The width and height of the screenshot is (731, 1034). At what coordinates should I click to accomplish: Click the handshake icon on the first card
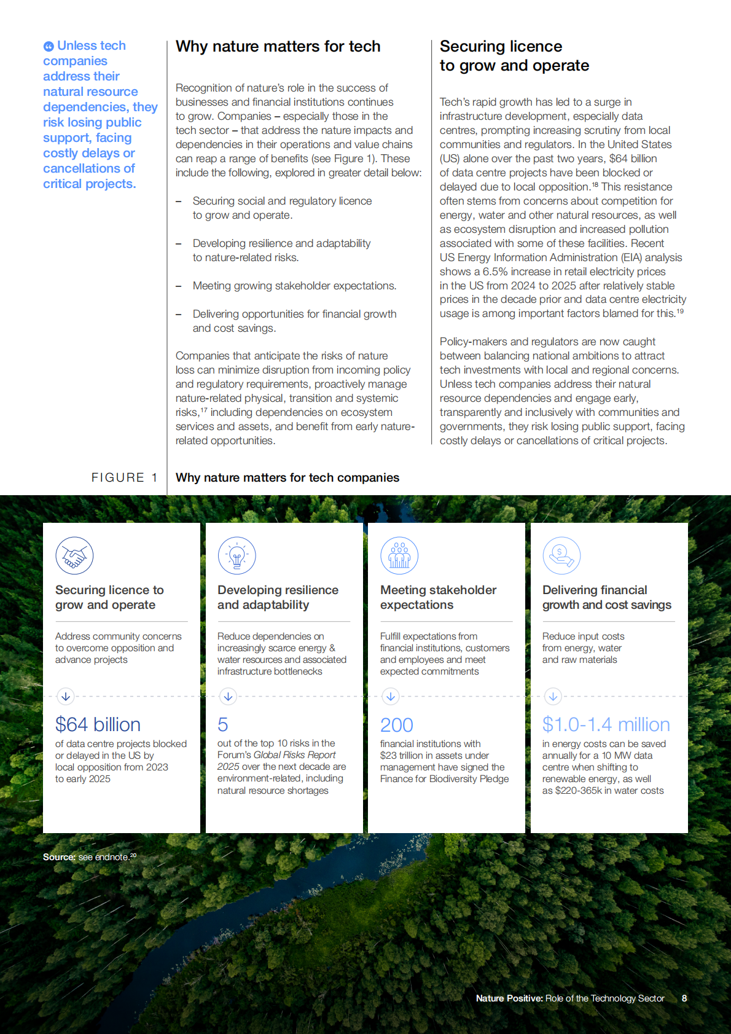point(74,556)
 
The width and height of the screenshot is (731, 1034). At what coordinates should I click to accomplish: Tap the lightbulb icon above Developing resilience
point(237,556)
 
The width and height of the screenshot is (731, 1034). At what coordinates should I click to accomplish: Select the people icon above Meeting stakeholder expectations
point(399,556)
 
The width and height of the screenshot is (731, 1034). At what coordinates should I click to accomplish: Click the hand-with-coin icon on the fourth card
point(561,556)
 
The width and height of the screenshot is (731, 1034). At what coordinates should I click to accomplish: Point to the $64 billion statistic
point(98,724)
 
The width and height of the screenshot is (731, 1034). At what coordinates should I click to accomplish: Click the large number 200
point(396,725)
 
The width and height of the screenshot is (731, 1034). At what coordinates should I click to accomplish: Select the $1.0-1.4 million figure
point(606,724)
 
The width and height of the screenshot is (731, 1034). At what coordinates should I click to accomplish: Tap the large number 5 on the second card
point(222,725)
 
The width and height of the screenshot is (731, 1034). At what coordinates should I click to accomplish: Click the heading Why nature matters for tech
point(278,47)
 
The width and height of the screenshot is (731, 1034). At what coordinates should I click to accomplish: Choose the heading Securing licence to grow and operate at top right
point(514,56)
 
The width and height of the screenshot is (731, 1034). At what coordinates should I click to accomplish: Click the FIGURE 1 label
point(124,477)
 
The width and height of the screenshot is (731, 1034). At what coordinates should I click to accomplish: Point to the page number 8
point(684,998)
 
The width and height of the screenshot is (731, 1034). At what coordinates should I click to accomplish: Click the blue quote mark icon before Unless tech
point(49,46)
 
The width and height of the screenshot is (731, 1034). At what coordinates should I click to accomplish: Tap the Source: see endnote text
point(89,857)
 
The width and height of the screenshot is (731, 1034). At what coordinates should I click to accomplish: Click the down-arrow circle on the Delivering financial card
point(553,696)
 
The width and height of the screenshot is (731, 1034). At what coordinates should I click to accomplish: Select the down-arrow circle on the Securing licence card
point(66,696)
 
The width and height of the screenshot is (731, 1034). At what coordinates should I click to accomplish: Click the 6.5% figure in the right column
point(495,272)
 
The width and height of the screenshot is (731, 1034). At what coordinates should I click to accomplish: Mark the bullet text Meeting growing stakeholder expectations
point(294,286)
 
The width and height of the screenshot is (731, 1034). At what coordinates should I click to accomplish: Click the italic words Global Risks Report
point(294,755)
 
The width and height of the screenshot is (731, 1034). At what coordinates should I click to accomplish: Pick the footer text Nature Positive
point(509,998)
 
